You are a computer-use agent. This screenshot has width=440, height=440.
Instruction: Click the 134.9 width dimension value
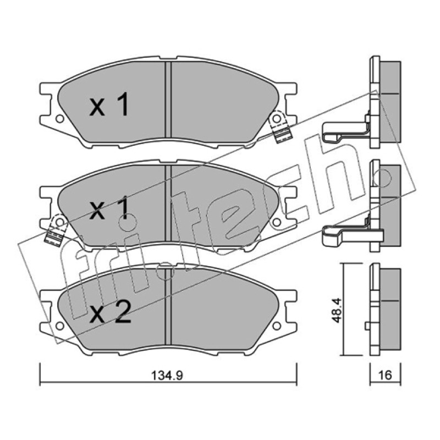pos(167,375)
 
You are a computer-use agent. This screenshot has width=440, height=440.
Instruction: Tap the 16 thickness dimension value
pos(385,375)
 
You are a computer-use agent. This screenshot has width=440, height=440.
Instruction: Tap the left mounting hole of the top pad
pos(59,119)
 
